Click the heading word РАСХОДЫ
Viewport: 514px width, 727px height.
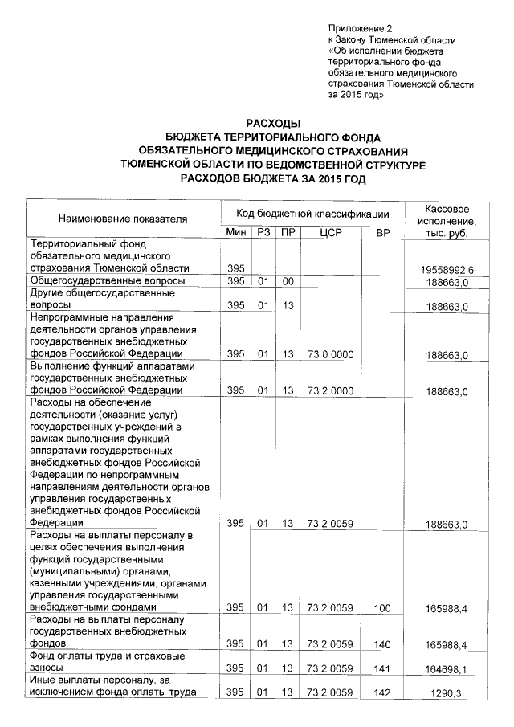coord(272,123)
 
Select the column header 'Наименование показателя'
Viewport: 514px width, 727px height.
coord(122,218)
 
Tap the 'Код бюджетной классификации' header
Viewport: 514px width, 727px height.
coord(312,213)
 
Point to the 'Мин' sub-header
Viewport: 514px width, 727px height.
coord(235,232)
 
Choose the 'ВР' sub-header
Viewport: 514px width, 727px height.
coord(381,232)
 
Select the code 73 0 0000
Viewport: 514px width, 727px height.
coord(330,354)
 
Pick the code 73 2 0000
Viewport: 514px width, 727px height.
coord(330,391)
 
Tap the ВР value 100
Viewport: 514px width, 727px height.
coord(381,609)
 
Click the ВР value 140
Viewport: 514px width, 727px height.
coord(381,645)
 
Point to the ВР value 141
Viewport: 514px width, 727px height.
coord(381,668)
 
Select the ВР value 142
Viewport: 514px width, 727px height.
coord(381,692)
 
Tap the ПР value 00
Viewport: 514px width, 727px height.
coord(287,281)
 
